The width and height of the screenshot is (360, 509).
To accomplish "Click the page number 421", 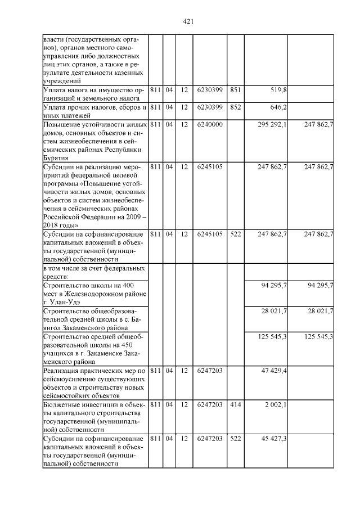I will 188,21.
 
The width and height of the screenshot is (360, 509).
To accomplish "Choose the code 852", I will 236,107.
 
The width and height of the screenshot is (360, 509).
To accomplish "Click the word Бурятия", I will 56,159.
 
